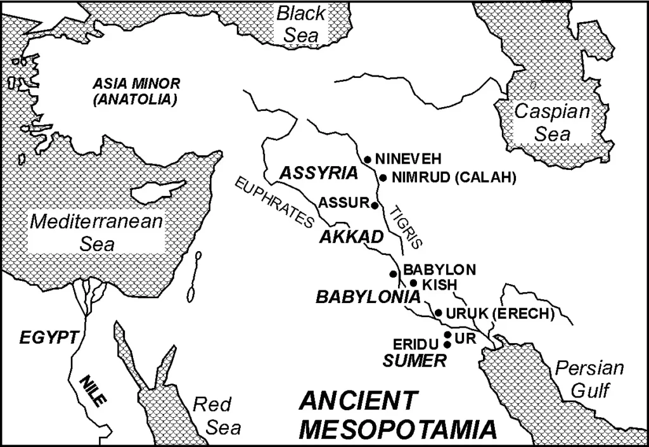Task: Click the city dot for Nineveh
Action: (x=367, y=159)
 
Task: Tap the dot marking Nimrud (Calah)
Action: (x=383, y=178)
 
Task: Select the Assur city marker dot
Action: (x=375, y=205)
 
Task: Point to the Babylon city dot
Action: (x=394, y=274)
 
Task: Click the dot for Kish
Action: (x=413, y=283)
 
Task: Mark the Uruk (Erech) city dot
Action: (x=438, y=313)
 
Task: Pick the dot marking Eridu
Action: (x=447, y=344)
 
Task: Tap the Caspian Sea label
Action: (x=551, y=123)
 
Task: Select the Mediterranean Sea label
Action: (x=97, y=233)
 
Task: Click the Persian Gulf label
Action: (x=589, y=379)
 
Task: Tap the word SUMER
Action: (x=414, y=361)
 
